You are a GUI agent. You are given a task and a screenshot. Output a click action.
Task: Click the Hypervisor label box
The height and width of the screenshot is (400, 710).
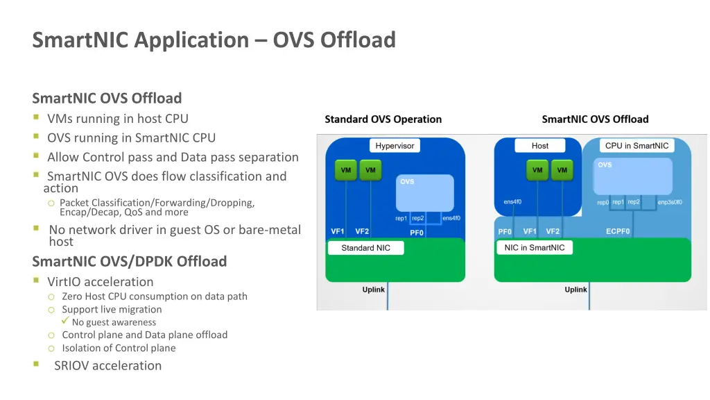point(395,146)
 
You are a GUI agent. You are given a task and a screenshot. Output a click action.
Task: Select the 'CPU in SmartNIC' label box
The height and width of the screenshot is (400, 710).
point(637,146)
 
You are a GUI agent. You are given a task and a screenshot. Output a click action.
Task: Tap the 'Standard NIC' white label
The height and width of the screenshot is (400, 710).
point(365,248)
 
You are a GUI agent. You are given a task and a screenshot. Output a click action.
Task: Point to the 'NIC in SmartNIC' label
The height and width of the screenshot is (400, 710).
point(534,248)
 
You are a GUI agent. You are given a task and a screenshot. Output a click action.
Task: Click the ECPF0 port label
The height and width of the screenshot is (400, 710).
point(618,232)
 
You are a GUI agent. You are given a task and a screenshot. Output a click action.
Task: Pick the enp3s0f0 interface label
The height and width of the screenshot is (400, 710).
point(670,202)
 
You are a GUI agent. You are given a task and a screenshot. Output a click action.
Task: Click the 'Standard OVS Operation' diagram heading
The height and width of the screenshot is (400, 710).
point(383,119)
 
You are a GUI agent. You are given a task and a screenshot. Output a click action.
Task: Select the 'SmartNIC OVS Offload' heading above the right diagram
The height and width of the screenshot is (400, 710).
point(595,119)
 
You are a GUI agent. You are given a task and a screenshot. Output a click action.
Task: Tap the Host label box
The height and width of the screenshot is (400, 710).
point(539,146)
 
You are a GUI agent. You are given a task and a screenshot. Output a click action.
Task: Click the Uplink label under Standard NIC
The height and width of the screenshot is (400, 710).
point(373,290)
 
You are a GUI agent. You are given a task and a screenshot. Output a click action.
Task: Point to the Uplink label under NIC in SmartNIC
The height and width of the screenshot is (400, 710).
point(575,290)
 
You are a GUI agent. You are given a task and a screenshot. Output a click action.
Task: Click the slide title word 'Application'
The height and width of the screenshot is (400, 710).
point(191,40)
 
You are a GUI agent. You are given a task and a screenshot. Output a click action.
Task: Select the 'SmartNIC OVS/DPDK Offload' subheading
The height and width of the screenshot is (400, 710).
point(130,262)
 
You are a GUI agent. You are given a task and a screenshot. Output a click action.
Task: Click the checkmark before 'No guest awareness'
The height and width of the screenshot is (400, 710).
point(65,322)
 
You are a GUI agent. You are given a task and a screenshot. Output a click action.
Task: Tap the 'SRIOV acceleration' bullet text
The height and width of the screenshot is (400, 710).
point(107,366)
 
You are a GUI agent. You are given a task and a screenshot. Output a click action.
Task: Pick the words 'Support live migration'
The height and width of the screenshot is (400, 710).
point(112,310)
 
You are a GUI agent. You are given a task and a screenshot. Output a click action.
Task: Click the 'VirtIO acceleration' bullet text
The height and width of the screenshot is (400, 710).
point(100,282)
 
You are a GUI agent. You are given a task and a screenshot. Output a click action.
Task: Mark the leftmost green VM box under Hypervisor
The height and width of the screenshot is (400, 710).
point(345,170)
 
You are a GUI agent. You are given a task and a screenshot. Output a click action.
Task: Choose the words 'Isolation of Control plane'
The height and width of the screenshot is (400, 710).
point(119,349)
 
